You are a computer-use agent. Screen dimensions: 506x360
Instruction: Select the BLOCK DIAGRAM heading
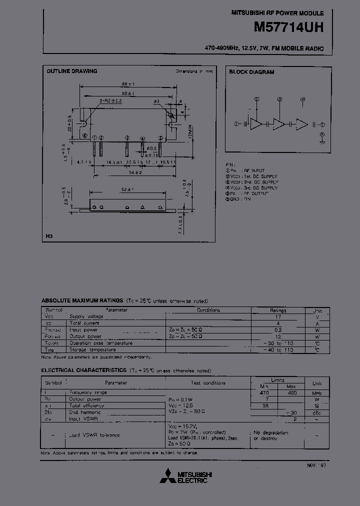pos(251,72)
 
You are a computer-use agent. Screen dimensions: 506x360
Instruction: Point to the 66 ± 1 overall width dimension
pos(128,83)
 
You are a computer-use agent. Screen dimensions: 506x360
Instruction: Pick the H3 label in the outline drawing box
pos(49,235)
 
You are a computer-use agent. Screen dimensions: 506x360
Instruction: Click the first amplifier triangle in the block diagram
pos(256,124)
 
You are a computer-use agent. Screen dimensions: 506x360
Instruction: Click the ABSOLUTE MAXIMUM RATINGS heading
pos(82,300)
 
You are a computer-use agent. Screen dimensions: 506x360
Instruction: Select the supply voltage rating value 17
pos(278,316)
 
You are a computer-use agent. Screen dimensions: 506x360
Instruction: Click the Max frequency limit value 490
pos(292,393)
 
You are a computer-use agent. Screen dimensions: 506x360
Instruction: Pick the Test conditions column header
pos(208,383)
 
